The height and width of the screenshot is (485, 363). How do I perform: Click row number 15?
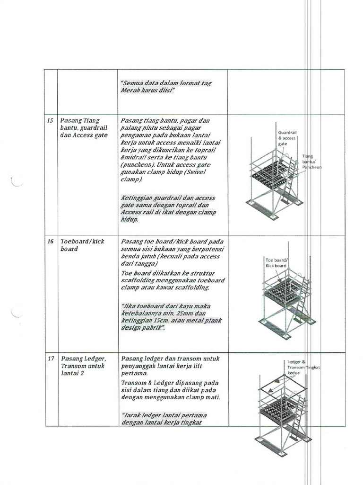pyautogui.click(x=50, y=121)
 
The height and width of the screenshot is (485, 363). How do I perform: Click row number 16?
pyautogui.click(x=50, y=242)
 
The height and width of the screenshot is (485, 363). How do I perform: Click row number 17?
pyautogui.click(x=50, y=359)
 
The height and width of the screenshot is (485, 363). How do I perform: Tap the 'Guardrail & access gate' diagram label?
pyautogui.click(x=286, y=138)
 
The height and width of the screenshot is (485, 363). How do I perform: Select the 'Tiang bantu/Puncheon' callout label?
pyautogui.click(x=311, y=162)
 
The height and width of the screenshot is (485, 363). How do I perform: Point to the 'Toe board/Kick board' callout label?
pyautogui.click(x=276, y=263)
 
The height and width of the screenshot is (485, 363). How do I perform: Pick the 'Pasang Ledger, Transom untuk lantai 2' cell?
pyautogui.click(x=83, y=366)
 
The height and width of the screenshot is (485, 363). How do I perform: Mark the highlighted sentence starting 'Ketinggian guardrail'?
pyautogui.click(x=168, y=209)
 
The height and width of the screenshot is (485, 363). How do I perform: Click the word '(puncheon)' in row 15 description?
pyautogui.click(x=137, y=165)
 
